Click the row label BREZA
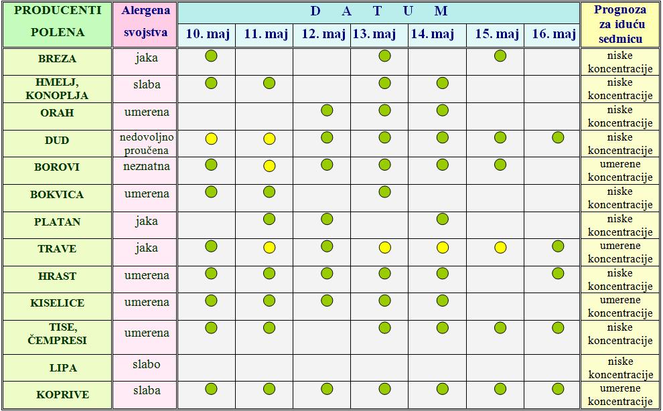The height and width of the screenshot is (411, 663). [x=57, y=59]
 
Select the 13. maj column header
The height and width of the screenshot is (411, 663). [x=374, y=34]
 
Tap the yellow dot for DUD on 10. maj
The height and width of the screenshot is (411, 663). [x=211, y=139]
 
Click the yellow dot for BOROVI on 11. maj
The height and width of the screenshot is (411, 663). [x=269, y=166]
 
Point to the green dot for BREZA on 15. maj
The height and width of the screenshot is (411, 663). [x=500, y=56]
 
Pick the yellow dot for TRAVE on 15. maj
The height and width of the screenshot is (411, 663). [x=500, y=248]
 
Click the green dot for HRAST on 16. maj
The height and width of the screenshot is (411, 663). [x=558, y=273]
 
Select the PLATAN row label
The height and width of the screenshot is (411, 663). [x=57, y=222]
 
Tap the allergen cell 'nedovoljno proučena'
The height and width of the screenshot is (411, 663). [x=147, y=143]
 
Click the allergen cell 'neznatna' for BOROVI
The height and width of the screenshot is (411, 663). [x=147, y=167]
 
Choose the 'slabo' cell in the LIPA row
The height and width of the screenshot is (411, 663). [x=147, y=365]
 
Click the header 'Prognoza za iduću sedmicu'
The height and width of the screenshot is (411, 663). [x=619, y=24]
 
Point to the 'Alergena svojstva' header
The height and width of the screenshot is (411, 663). [x=146, y=21]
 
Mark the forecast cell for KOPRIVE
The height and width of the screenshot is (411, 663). [x=619, y=395]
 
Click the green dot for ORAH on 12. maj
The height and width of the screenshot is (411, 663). [x=327, y=110]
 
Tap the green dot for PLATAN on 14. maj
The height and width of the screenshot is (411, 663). [x=442, y=218]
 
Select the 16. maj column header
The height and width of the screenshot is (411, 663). [x=554, y=34]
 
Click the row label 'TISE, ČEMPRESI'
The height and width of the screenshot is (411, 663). [x=57, y=334]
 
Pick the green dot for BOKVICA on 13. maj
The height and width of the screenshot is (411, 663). [x=384, y=192]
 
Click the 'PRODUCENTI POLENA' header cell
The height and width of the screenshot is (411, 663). [x=58, y=21]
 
